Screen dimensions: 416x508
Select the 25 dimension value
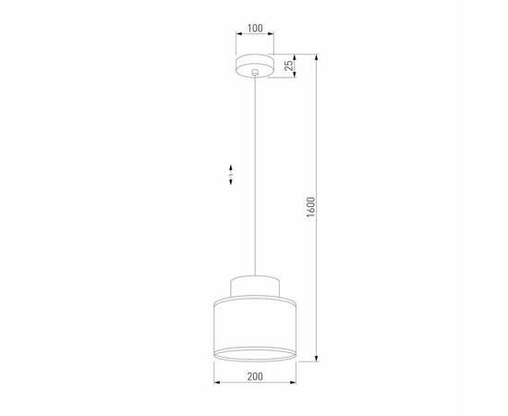click(288, 65)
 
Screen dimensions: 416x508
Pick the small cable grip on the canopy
click(254, 71)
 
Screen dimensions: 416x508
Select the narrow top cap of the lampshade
click(254, 285)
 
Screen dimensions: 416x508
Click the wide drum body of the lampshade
click(254, 324)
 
